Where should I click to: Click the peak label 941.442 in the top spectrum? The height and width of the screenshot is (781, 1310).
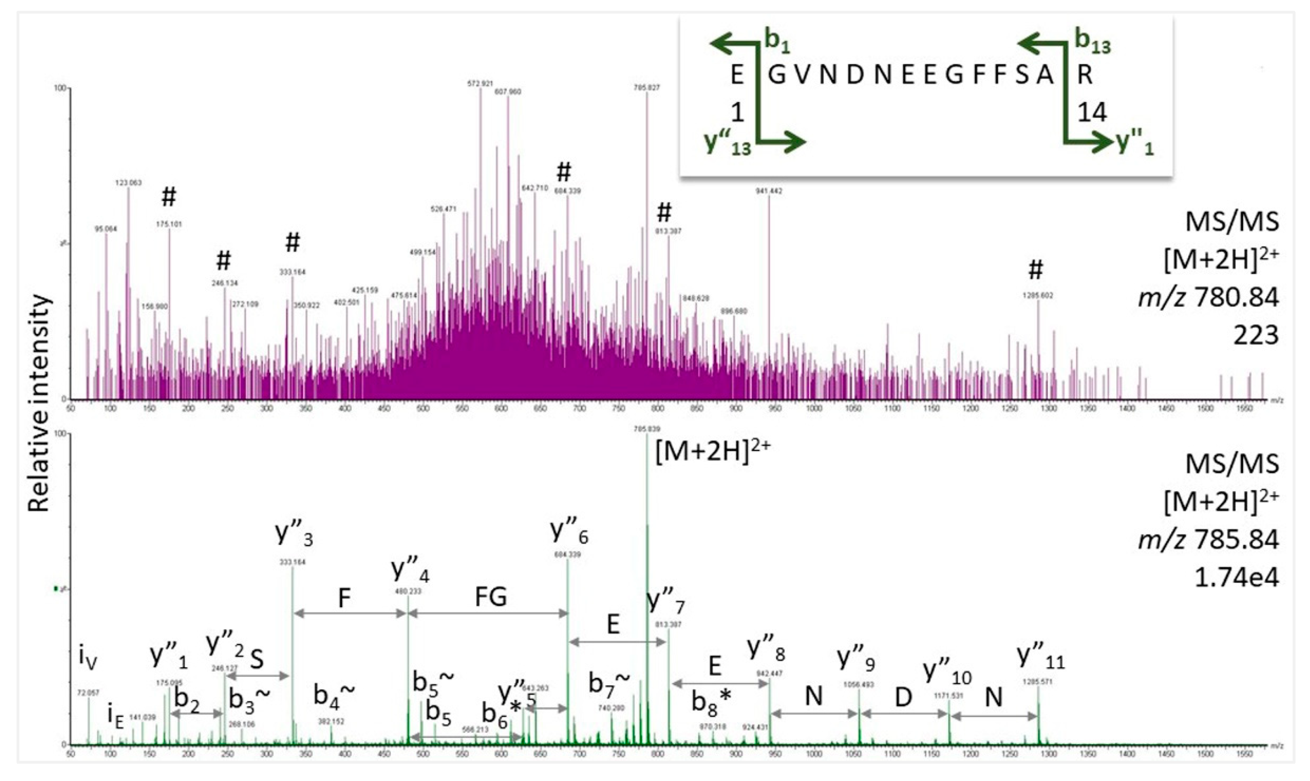pos(768,191)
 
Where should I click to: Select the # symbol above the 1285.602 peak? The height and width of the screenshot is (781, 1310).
pos(1035,270)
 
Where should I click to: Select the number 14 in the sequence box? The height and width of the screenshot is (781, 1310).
pos(1092,112)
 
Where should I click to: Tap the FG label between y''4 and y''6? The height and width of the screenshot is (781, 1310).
pos(491,597)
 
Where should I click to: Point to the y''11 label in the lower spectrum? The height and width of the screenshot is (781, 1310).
pos(1040,657)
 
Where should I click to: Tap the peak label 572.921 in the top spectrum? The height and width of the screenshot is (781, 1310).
pos(480,83)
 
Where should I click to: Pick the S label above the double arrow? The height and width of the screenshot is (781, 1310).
pos(257,659)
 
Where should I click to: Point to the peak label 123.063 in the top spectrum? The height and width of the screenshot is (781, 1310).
pos(128,182)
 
